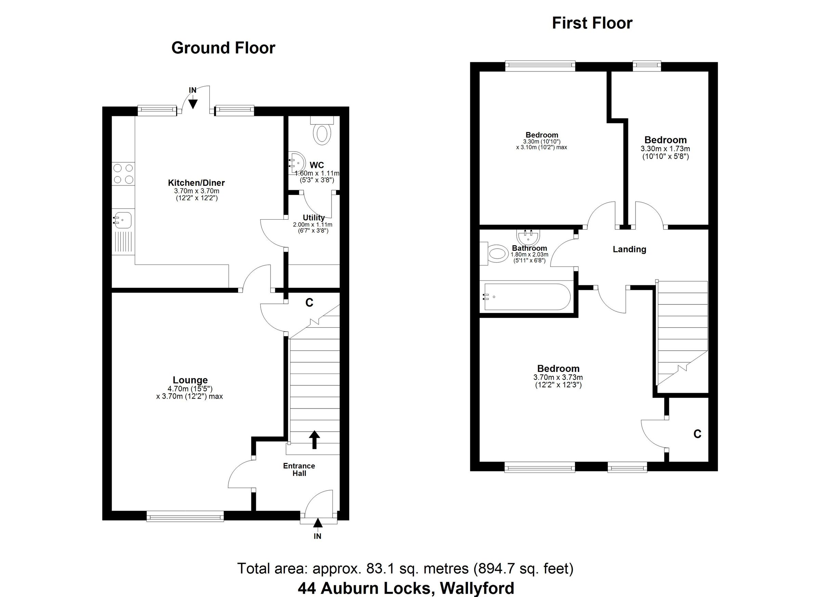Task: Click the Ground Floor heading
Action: coord(223,48)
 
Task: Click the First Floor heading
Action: coord(592,23)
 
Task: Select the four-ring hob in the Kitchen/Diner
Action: coord(123,174)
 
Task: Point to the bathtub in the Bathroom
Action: coord(527,297)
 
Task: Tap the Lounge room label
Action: coord(190,380)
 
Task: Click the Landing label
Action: coord(629,249)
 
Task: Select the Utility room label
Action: coord(313,218)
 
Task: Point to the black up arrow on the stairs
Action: coord(314,440)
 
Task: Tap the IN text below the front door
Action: coord(317,536)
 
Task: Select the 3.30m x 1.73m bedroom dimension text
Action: coord(665,149)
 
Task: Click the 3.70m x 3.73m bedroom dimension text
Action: coord(558,377)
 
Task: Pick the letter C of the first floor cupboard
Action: coord(697,434)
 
